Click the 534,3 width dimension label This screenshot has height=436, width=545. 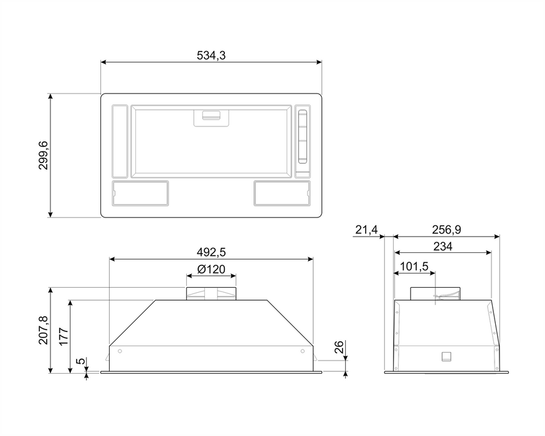click(x=211, y=55)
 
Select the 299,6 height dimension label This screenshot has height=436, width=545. click(x=44, y=156)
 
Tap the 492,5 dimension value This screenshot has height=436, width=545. click(x=211, y=252)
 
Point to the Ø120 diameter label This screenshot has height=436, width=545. click(x=211, y=269)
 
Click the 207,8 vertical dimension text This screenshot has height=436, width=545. click(x=44, y=330)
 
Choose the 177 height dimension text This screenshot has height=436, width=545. click(x=64, y=336)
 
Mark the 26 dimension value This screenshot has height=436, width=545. click(x=339, y=347)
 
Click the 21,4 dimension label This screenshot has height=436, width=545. click(x=366, y=230)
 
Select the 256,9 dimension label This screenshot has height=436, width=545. click(x=447, y=230)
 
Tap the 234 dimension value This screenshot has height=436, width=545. click(x=443, y=247)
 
